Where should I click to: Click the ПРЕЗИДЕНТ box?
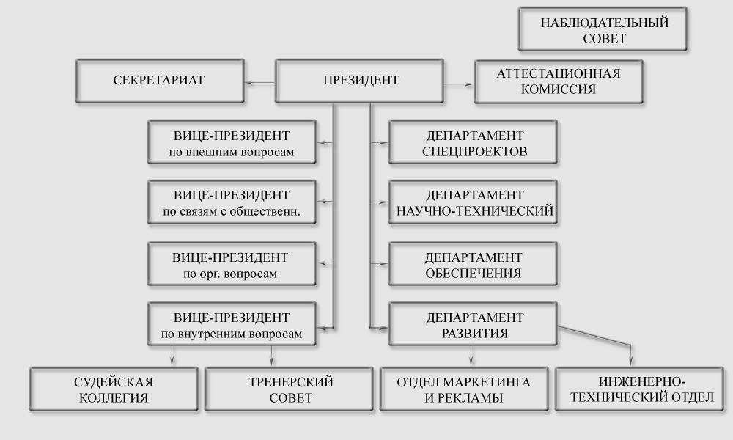[x=359, y=81]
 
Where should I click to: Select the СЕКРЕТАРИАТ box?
[x=160, y=81]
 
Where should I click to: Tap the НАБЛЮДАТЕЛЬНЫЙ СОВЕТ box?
[x=603, y=29]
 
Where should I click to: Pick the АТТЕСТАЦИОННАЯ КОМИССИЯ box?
[x=559, y=81]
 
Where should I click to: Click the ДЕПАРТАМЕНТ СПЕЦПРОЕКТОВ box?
[x=473, y=142]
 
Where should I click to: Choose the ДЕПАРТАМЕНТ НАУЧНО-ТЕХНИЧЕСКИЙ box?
[x=473, y=202]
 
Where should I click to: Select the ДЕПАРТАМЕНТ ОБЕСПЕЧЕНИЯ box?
[x=473, y=264]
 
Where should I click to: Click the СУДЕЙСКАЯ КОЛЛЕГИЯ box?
[x=114, y=389]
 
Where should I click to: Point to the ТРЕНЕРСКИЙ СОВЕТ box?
[x=290, y=389]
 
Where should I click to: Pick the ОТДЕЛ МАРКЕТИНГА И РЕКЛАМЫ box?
[x=464, y=389]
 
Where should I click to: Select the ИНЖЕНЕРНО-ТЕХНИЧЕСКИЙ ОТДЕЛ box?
[x=639, y=389]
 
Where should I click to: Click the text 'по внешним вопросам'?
[x=232, y=152]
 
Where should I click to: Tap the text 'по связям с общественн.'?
[x=232, y=211]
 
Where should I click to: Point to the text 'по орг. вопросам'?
[x=230, y=274]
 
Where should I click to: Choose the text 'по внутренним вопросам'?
[x=232, y=334]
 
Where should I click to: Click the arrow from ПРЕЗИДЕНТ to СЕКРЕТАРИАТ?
[x=260, y=83]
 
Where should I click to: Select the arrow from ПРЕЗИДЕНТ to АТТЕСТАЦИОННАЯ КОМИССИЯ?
[x=459, y=84]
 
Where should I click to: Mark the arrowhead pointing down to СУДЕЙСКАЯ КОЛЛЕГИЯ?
[x=172, y=361]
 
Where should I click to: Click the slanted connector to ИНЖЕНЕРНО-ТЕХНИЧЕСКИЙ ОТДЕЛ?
[x=594, y=337]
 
